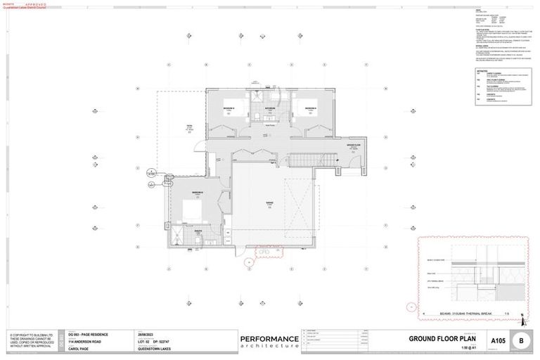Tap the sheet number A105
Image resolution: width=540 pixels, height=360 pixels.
pyautogui.click(x=498, y=341)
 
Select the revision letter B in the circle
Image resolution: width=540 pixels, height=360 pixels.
pyautogui.click(x=521, y=341)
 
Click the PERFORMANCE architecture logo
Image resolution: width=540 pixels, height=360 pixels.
pyautogui.click(x=269, y=342)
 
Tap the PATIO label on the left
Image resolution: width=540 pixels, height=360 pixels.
pyautogui.click(x=189, y=127)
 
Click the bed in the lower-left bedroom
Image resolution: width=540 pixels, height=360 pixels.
pyautogui.click(x=190, y=210)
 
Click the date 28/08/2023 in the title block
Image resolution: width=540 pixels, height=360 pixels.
pyautogui.click(x=146, y=335)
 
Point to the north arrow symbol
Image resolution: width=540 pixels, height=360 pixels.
pyautogui.click(x=522, y=314)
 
